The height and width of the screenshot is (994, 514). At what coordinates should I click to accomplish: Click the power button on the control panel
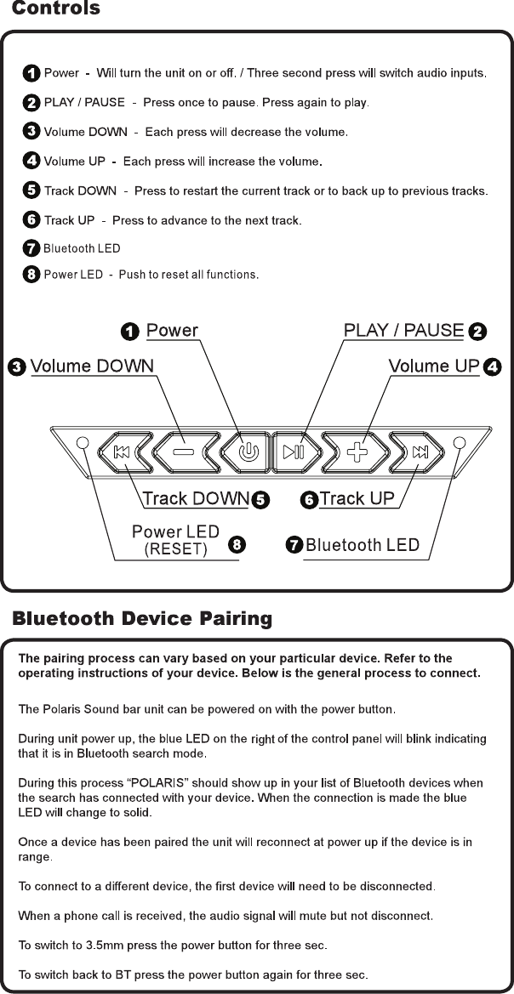[x=248, y=452]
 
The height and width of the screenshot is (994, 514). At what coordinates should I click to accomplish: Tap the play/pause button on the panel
[x=294, y=452]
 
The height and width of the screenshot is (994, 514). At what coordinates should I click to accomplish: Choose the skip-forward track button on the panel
[x=420, y=452]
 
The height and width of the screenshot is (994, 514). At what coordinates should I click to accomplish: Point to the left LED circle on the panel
[x=83, y=443]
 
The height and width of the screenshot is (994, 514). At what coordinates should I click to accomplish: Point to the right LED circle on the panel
[x=460, y=443]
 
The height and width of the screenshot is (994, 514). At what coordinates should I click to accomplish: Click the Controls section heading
[x=56, y=9]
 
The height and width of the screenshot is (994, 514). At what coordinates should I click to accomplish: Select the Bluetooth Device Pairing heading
[x=142, y=618]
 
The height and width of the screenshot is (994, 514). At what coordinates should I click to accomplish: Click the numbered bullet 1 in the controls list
[x=31, y=74]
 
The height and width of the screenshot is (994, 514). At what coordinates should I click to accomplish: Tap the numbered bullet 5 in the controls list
[x=31, y=191]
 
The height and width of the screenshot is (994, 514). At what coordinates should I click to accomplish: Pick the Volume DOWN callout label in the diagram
[x=92, y=366]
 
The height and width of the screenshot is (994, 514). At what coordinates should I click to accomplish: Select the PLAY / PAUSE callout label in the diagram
[x=403, y=330]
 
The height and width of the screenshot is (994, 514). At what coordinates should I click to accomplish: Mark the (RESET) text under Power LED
[x=176, y=548]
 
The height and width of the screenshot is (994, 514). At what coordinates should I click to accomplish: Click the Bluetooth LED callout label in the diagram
[x=363, y=545]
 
